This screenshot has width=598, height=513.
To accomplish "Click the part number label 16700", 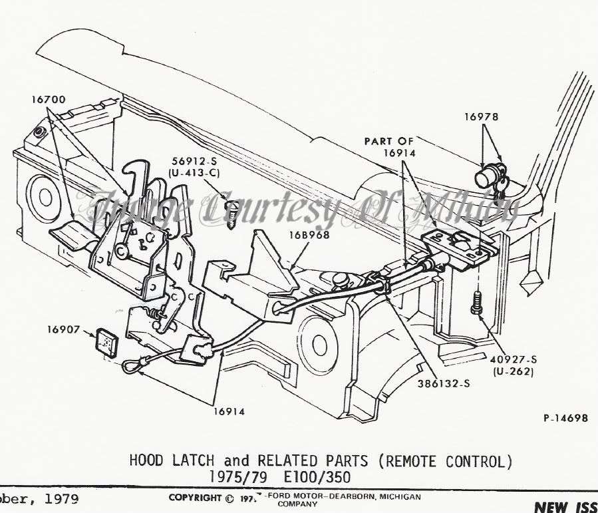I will point(48,100).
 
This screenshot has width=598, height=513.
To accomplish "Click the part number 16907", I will point(63,329).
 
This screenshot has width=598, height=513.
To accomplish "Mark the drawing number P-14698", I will point(565,418).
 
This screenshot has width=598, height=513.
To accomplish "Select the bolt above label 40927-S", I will point(476,304).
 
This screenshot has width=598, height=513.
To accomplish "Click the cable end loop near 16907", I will point(133,363).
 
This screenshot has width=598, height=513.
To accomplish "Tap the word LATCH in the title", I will point(192,460).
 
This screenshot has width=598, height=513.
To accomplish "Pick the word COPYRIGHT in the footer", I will point(194,498).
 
